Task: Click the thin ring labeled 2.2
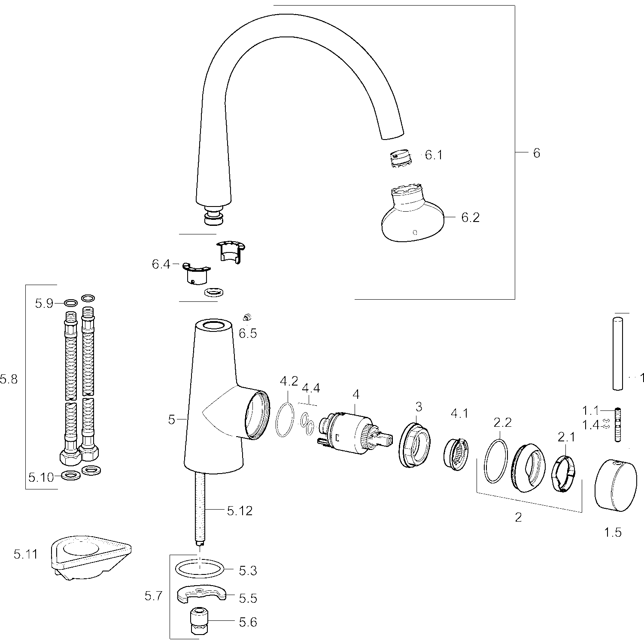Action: (x=496, y=462)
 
